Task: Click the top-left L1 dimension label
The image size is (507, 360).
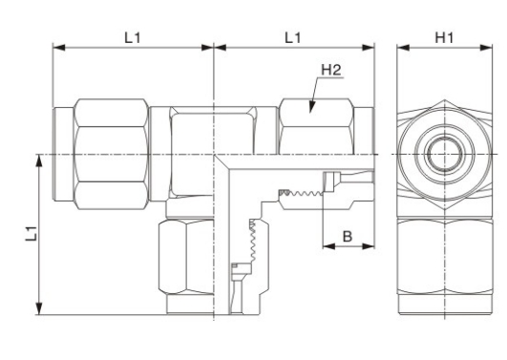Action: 133,38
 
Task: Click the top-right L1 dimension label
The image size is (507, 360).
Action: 292,38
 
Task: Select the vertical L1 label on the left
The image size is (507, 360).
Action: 32,234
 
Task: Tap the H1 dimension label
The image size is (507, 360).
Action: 444,38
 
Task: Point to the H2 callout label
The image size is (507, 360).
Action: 331,70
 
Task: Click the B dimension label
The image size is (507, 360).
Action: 347,237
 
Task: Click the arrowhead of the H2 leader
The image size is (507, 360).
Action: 311,107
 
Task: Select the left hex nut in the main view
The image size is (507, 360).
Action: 111,155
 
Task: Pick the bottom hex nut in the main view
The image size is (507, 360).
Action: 186,257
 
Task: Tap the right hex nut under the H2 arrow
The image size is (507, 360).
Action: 316,126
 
